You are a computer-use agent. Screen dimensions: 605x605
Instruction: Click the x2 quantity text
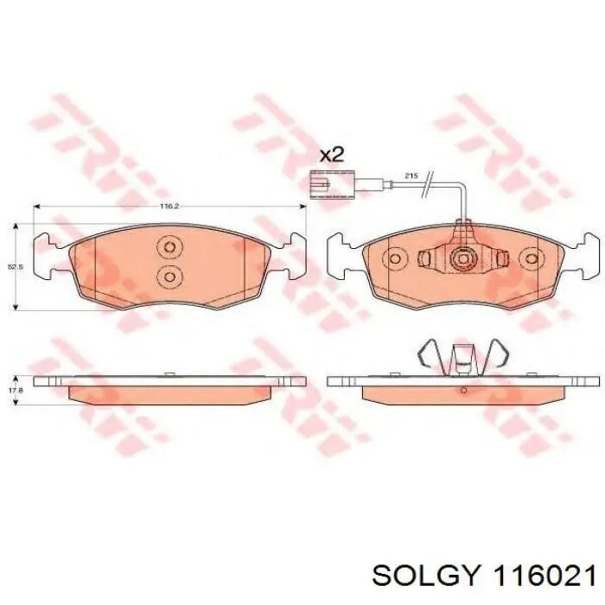click(x=332, y=155)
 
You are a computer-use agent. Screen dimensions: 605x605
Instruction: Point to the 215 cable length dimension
click(x=411, y=175)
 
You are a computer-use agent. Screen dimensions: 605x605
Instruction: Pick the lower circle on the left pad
click(x=170, y=277)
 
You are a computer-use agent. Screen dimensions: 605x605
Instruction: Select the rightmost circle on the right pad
click(x=530, y=258)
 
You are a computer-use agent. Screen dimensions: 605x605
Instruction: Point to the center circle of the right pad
click(x=463, y=258)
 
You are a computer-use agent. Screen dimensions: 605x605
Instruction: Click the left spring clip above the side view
click(x=429, y=356)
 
